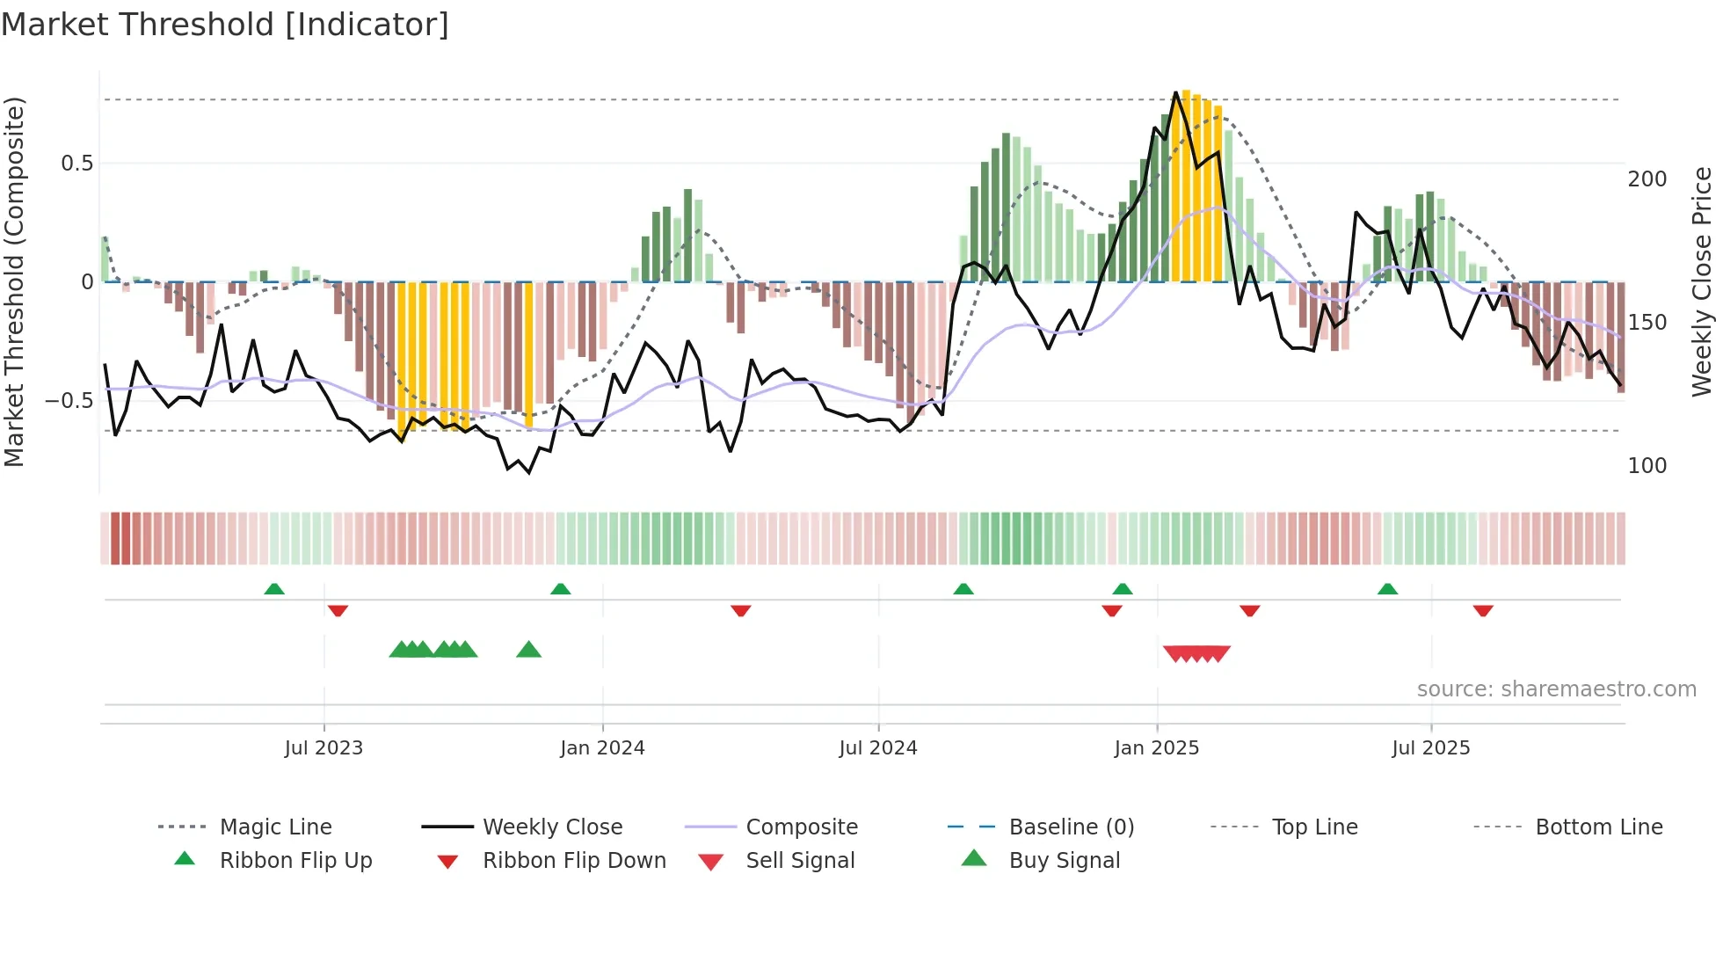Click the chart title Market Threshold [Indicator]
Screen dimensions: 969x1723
coord(225,25)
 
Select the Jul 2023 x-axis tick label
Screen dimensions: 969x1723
coord(324,748)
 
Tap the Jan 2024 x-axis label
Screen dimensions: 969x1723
coord(602,748)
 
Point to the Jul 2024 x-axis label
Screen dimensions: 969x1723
coord(877,748)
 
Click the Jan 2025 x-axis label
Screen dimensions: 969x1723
coord(1156,748)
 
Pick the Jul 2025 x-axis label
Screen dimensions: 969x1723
coord(1430,748)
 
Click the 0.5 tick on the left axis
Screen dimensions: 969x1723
coord(76,164)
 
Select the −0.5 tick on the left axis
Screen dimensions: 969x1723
coord(69,401)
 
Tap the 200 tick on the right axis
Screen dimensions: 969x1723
coord(1647,179)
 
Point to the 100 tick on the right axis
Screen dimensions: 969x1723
coord(1647,466)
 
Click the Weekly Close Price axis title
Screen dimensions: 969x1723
coord(1702,281)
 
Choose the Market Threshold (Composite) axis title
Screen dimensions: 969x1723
coord(14,281)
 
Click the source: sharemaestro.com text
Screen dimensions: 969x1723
coord(1556,689)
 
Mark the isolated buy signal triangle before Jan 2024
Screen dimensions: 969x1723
coord(528,650)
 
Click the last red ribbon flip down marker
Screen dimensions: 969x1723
coord(1483,610)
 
